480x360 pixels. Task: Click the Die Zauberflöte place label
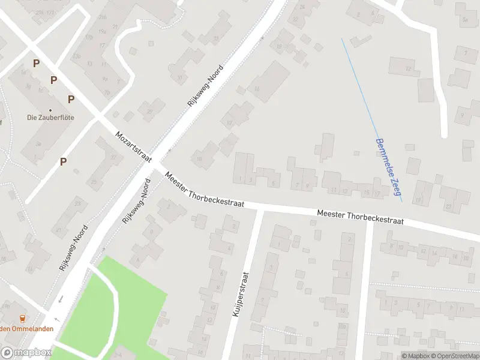(x=50, y=118)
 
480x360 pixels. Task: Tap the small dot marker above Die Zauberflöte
(x=50, y=110)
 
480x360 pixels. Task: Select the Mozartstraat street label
(x=133, y=146)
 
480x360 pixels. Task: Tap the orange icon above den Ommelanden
(x=23, y=318)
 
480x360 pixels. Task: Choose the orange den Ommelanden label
(x=26, y=328)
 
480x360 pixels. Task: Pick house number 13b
(x=76, y=56)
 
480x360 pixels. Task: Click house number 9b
(x=6, y=306)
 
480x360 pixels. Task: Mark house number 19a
(x=102, y=31)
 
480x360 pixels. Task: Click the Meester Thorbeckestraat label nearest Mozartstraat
(x=204, y=190)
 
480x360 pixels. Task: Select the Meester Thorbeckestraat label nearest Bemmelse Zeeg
(x=359, y=217)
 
